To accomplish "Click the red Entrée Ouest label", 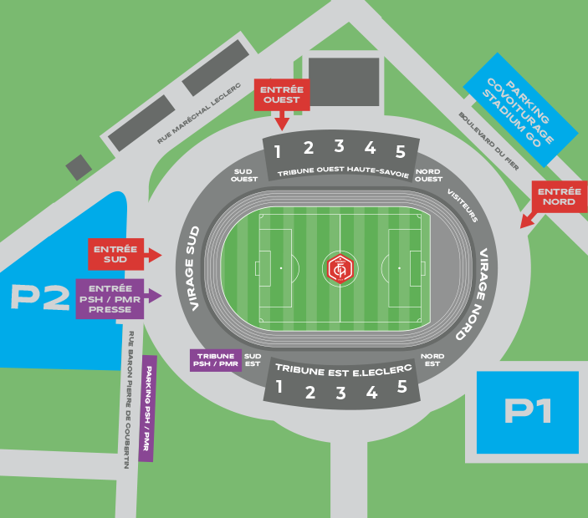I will (x=282, y=94).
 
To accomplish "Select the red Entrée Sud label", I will (x=116, y=254).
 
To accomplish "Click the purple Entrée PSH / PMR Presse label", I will (x=110, y=298).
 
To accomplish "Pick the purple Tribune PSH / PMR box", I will (x=215, y=360).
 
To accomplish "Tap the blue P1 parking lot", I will (x=527, y=412).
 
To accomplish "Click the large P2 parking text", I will (x=39, y=298).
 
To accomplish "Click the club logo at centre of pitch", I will (x=340, y=268).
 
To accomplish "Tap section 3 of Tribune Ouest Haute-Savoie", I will (x=339, y=147).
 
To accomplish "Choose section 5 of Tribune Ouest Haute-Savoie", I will (x=401, y=152).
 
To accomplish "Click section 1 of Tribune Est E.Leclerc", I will (x=279, y=388).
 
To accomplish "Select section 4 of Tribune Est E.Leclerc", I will (x=371, y=393).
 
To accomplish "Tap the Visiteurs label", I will (x=463, y=205).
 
